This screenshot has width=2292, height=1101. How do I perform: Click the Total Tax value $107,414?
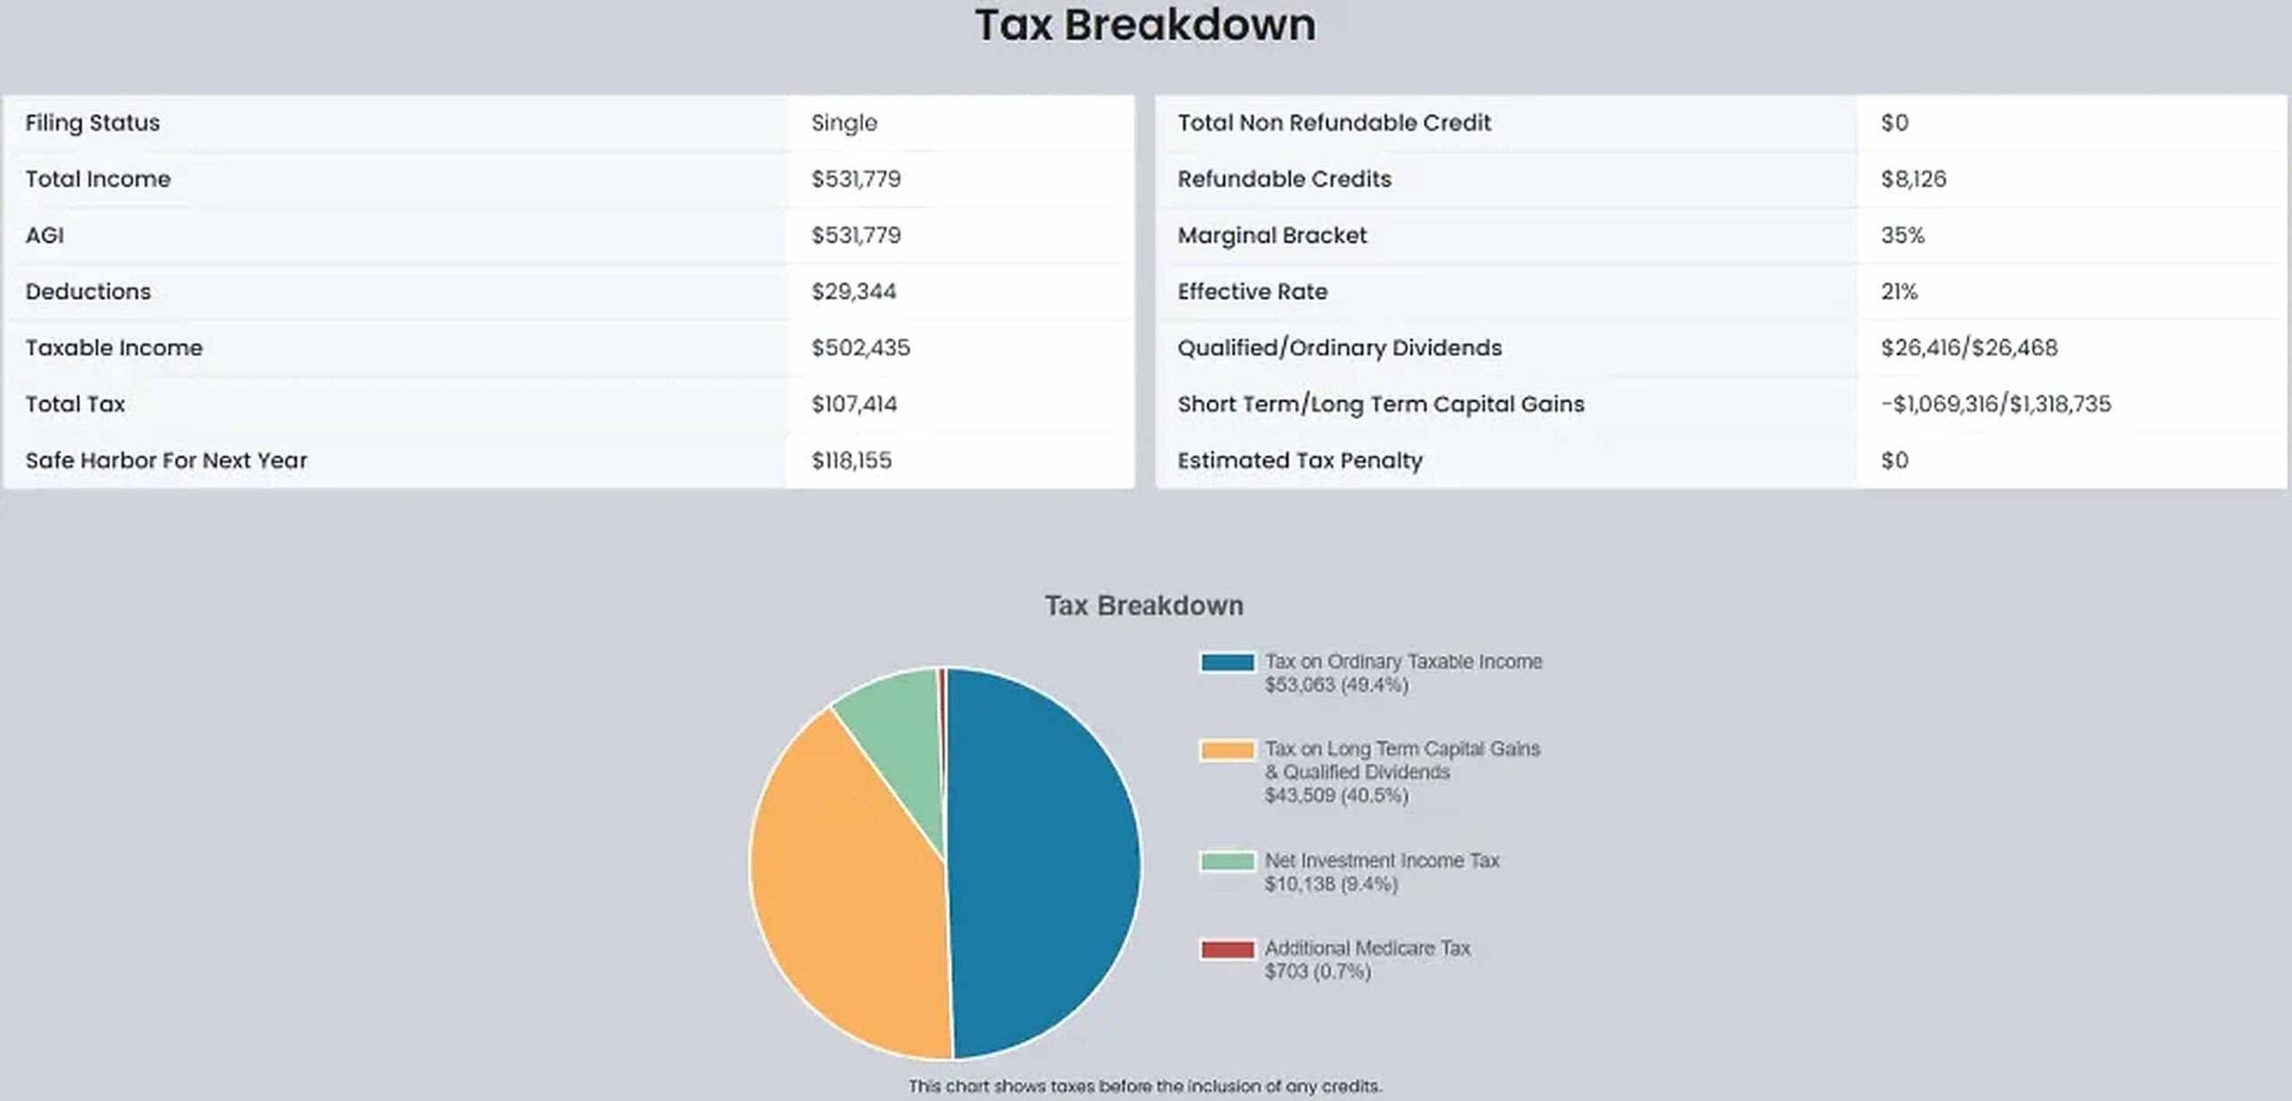pyautogui.click(x=853, y=405)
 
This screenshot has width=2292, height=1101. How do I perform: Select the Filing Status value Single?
pyautogui.click(x=843, y=124)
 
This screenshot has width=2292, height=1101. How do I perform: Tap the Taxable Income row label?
pyautogui.click(x=114, y=348)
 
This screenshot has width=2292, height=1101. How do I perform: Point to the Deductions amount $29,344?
pyautogui.click(x=853, y=292)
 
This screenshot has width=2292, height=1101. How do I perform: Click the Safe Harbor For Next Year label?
pyautogui.click(x=166, y=461)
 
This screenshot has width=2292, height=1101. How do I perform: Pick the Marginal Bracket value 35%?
pyautogui.click(x=1902, y=235)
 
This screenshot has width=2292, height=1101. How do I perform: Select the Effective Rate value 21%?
pyautogui.click(x=1898, y=292)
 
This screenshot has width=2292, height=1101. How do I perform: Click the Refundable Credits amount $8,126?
pyautogui.click(x=1912, y=179)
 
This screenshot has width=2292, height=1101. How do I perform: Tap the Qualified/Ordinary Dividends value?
pyautogui.click(x=1968, y=348)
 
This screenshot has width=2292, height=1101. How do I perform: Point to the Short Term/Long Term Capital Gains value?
pyautogui.click(x=1995, y=405)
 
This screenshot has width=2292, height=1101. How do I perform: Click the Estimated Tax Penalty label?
pyautogui.click(x=1299, y=461)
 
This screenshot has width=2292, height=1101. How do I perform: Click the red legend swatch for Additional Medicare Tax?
pyautogui.click(x=1227, y=949)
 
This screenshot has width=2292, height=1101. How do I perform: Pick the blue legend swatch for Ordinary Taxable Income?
pyautogui.click(x=1227, y=662)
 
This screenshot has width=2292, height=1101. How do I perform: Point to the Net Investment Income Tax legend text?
pyautogui.click(x=1381, y=861)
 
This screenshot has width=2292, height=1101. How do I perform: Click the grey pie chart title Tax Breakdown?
pyautogui.click(x=1143, y=606)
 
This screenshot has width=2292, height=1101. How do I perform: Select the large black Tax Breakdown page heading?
pyautogui.click(x=1145, y=25)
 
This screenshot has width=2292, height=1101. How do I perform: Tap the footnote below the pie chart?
pyautogui.click(x=1145, y=1086)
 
